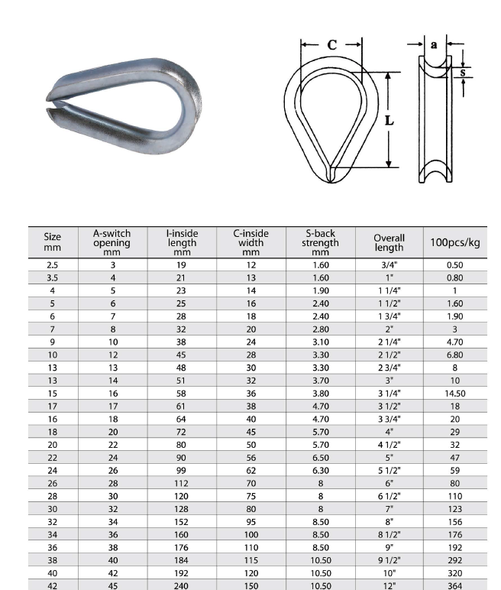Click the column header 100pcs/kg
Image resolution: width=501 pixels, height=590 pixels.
pyautogui.click(x=455, y=242)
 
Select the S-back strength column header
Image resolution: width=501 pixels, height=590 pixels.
pyautogui.click(x=320, y=242)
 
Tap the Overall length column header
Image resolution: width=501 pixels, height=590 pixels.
pyautogui.click(x=389, y=242)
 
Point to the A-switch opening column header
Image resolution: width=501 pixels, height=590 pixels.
pyautogui.click(x=112, y=242)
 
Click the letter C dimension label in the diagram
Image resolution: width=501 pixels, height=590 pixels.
pyautogui.click(x=331, y=45)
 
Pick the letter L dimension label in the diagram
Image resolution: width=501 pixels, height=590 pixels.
pyautogui.click(x=389, y=120)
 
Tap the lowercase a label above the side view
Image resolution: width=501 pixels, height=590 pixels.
pyautogui.click(x=434, y=45)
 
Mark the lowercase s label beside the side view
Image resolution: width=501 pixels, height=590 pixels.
pyautogui.click(x=464, y=73)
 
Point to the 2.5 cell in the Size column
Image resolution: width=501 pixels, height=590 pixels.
pyautogui.click(x=52, y=265)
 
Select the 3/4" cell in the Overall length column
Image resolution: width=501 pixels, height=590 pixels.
pyautogui.click(x=389, y=265)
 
